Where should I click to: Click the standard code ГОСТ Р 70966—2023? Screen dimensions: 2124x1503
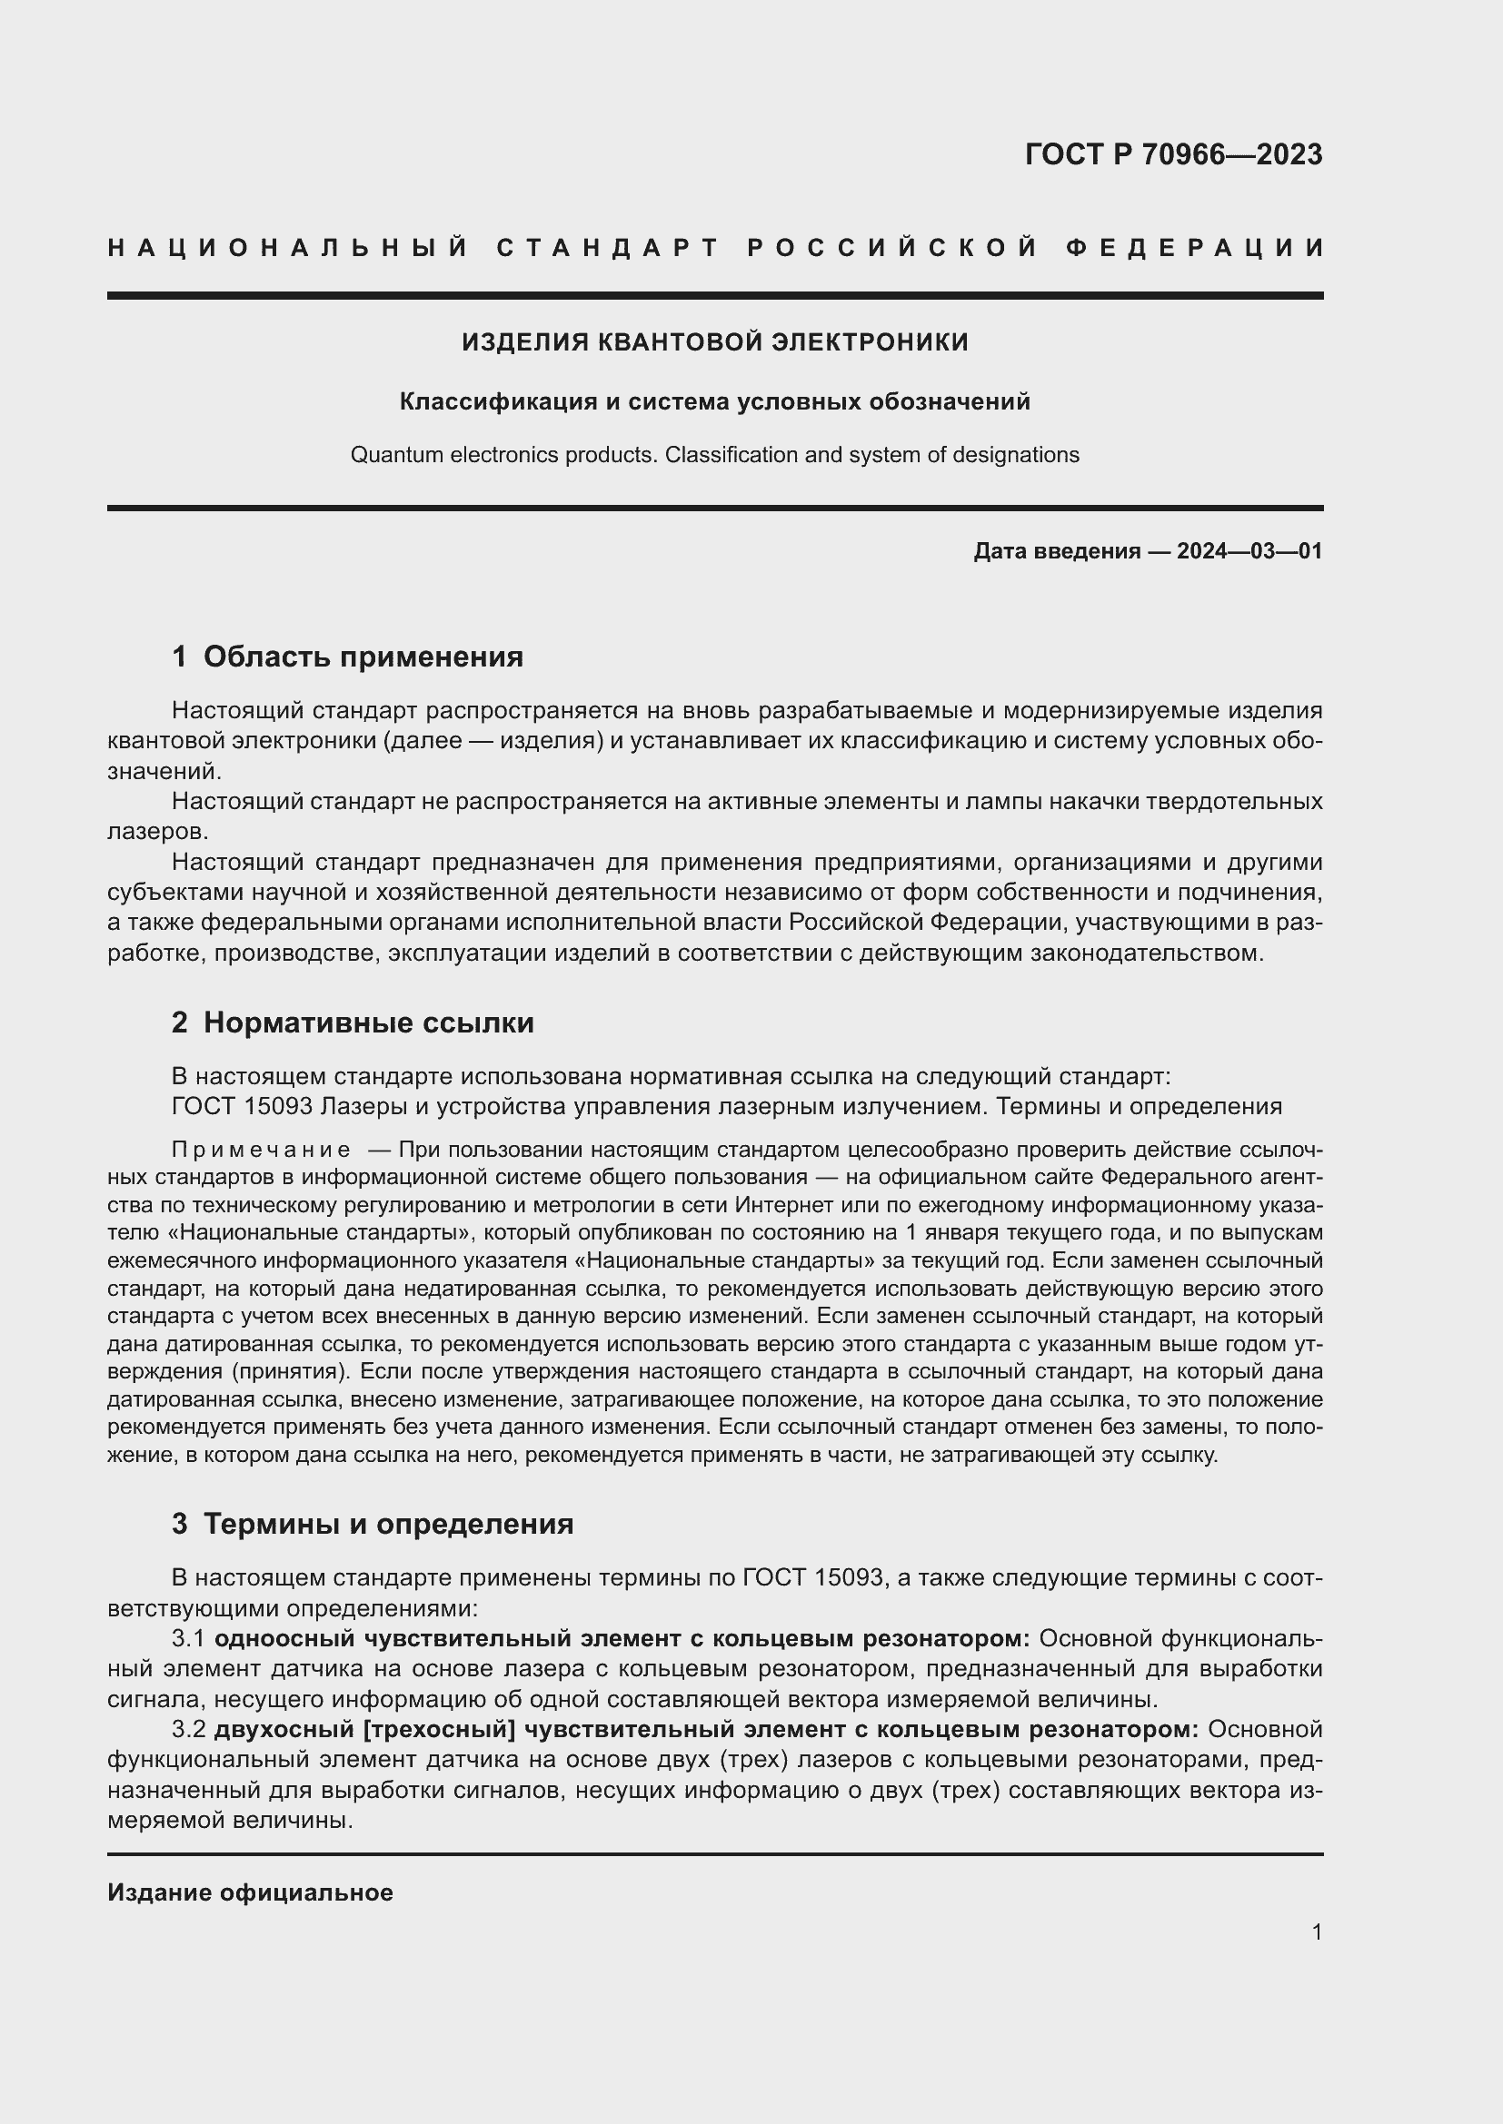point(1172,154)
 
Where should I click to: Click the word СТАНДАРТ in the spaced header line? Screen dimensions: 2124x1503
point(608,248)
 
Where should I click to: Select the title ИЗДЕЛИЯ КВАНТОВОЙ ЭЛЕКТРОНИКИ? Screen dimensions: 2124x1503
point(714,342)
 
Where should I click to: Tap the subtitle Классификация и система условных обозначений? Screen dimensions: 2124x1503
point(714,401)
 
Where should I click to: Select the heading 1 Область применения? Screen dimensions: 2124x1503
point(347,657)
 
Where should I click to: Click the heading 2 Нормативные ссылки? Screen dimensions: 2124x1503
point(353,1022)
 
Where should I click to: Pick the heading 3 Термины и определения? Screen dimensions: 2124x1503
point(372,1524)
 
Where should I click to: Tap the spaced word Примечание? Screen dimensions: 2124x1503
point(261,1150)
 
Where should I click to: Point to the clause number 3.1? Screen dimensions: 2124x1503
point(188,1638)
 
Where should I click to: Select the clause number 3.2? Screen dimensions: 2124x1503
point(188,1729)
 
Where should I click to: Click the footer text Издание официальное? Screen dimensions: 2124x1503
point(250,1892)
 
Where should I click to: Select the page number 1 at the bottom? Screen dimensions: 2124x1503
point(1316,1931)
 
